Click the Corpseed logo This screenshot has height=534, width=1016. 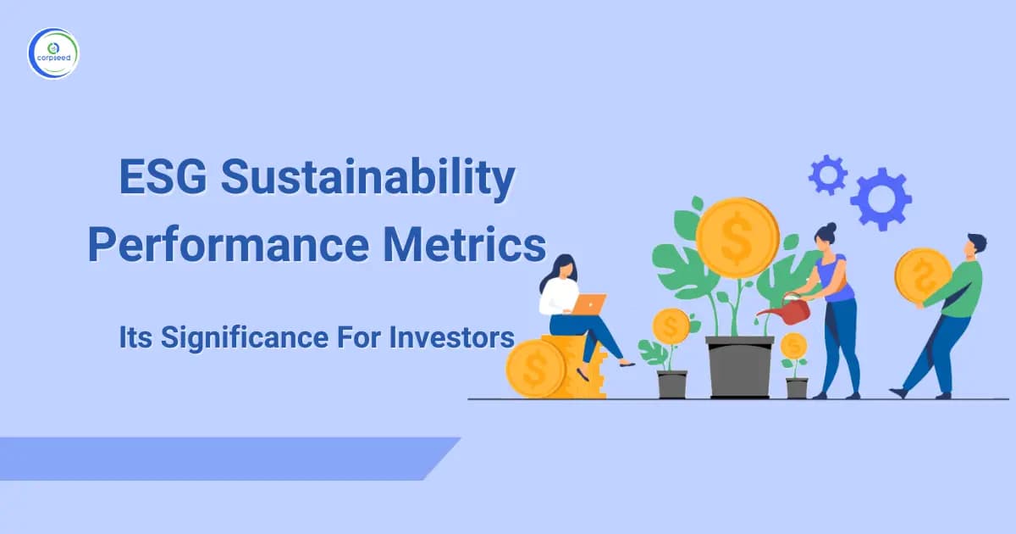[x=52, y=53]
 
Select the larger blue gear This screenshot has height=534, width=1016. [x=881, y=199]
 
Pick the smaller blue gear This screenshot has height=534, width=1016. [x=827, y=175]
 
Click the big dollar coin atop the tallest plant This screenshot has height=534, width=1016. [x=737, y=237]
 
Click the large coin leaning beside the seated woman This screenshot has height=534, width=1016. [x=535, y=368]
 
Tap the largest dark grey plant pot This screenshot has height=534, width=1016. [x=739, y=366]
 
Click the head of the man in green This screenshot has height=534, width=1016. [x=975, y=247]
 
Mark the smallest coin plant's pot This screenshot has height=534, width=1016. [x=796, y=387]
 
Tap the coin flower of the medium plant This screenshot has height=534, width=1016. [x=671, y=326]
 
